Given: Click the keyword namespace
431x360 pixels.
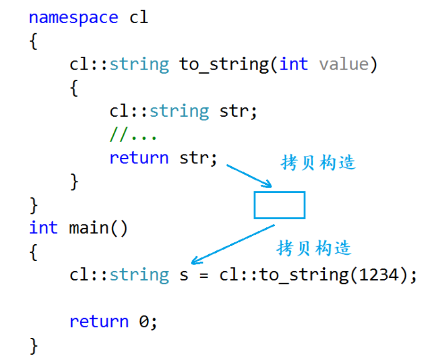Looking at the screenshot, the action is coord(73,18).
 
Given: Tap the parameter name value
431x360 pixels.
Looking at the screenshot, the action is coord(343,64).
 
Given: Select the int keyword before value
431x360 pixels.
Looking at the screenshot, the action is coord(294,64).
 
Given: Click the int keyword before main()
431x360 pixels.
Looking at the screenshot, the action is coord(43,228).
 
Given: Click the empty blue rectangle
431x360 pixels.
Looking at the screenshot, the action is coord(279,205).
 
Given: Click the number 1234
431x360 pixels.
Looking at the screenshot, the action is coord(379,274).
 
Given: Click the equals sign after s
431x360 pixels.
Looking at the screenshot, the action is coord(203,275).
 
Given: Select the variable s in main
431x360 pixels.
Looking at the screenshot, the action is coord(184,275).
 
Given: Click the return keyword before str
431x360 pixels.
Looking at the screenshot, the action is coord(139,158).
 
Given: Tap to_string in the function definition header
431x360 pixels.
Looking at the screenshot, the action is coord(224,64).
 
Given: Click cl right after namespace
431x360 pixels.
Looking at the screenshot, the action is coord(139,18).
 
